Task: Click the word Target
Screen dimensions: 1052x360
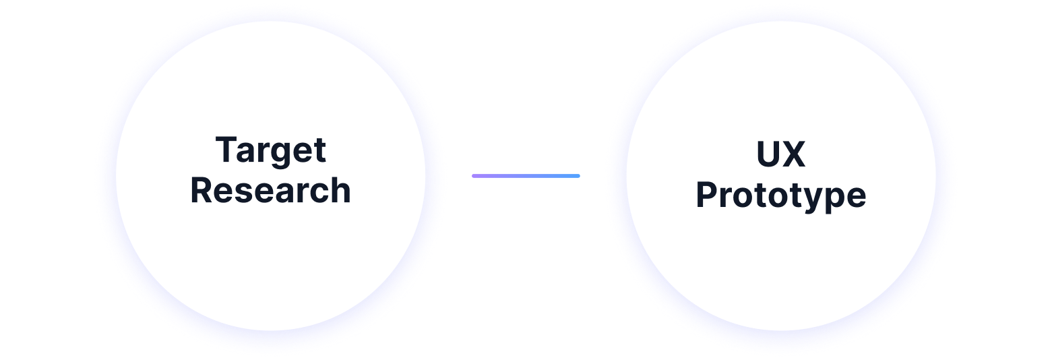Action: click(x=271, y=151)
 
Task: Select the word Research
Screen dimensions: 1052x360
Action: click(x=271, y=191)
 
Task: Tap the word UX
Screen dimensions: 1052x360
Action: click(x=781, y=154)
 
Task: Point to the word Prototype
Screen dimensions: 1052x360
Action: click(x=781, y=196)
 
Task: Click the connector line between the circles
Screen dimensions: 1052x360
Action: click(x=526, y=176)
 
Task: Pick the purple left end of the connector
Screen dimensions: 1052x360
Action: click(x=476, y=176)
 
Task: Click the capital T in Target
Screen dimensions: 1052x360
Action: click(x=226, y=150)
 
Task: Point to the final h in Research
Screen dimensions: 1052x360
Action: click(x=341, y=190)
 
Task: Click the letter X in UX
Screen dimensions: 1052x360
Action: click(x=794, y=154)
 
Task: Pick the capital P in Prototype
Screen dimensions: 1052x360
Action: click(x=707, y=195)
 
